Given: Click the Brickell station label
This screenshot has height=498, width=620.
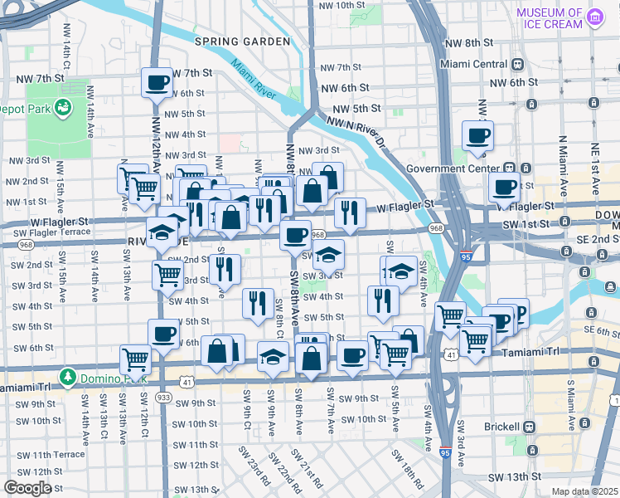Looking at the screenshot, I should (x=497, y=427).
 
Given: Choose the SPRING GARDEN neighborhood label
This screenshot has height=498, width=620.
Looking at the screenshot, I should (x=242, y=41).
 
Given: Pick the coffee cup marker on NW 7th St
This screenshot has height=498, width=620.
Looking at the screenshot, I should (x=157, y=82).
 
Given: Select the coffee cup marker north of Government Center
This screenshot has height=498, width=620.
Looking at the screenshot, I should (x=477, y=135).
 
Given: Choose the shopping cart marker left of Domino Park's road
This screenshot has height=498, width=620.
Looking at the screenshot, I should (x=135, y=359).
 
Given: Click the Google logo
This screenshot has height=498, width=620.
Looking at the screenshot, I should (x=27, y=488).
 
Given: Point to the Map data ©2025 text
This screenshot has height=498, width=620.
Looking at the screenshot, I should (x=584, y=491).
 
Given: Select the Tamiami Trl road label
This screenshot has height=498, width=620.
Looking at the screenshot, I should (x=531, y=352).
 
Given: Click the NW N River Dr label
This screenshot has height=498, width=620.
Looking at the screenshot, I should (x=357, y=131).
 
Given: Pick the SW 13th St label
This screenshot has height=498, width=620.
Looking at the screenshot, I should (x=514, y=477).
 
